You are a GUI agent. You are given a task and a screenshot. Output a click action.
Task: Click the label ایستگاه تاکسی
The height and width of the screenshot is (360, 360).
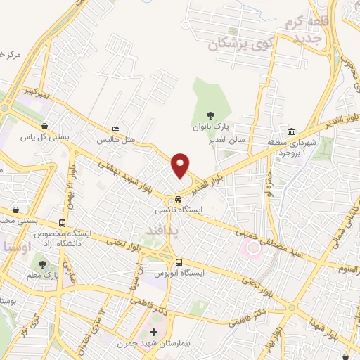point(177,210)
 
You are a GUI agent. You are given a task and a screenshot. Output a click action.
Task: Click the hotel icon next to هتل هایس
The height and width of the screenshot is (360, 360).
point(115,130)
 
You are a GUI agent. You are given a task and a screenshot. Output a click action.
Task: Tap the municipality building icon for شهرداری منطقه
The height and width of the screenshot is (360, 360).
point(290,133)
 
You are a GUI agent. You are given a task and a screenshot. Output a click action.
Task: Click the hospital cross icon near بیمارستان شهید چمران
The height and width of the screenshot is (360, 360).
point(154,330)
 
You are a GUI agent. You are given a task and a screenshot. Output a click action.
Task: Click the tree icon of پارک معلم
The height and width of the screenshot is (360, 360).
point(44,265)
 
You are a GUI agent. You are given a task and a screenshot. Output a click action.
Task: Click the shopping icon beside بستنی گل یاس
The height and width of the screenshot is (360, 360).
point(44,127)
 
